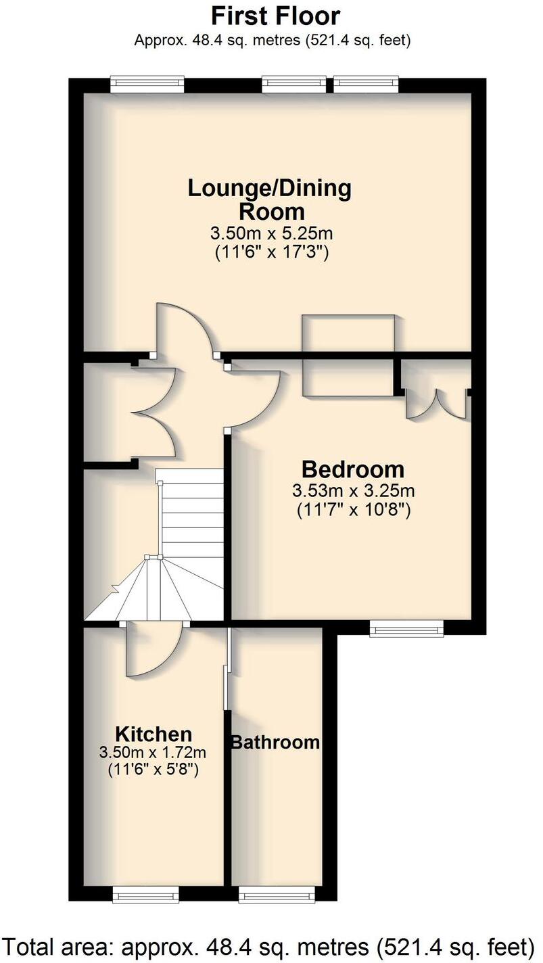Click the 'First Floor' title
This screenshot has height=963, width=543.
pos(276,16)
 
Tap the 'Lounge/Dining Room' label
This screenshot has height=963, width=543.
pos(269,199)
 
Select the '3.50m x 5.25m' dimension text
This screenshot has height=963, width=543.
pos(271,234)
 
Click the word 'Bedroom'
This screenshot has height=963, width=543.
pos(353,469)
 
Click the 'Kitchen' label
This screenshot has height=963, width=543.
pos(154,734)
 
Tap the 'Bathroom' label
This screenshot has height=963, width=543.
pos(275,742)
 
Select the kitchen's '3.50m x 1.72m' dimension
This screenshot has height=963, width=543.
pos(153,752)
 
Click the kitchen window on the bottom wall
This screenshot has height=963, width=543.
pos(147,895)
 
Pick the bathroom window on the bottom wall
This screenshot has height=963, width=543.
pos(276,895)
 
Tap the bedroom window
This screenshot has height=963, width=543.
pos(406,630)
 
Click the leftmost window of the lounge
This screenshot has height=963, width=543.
pos(147,84)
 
